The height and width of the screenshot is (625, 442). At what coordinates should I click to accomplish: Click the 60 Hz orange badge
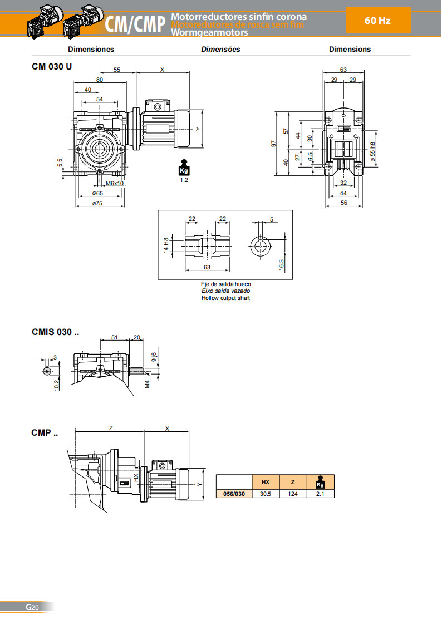click(378, 21)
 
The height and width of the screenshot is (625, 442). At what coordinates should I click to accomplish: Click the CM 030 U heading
click(52, 66)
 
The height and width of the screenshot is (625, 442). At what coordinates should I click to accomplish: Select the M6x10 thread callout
click(114, 183)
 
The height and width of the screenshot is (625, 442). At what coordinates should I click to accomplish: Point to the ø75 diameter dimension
click(97, 203)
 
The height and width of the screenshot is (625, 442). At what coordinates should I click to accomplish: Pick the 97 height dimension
click(273, 144)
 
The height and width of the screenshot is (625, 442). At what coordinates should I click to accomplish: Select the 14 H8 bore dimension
click(165, 245)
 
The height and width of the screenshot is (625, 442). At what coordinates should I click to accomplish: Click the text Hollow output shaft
click(225, 298)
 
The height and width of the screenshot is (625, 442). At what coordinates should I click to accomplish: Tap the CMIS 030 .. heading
click(56, 332)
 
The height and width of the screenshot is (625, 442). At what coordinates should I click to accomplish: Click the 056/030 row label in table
click(234, 494)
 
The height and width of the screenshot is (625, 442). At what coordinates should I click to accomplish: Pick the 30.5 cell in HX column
click(265, 494)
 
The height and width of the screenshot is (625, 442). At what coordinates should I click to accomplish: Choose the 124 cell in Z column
click(293, 494)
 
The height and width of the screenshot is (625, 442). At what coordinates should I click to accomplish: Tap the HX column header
click(265, 482)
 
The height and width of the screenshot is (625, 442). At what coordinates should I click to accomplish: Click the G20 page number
click(32, 607)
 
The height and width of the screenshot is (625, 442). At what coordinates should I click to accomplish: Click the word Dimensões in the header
click(220, 49)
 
